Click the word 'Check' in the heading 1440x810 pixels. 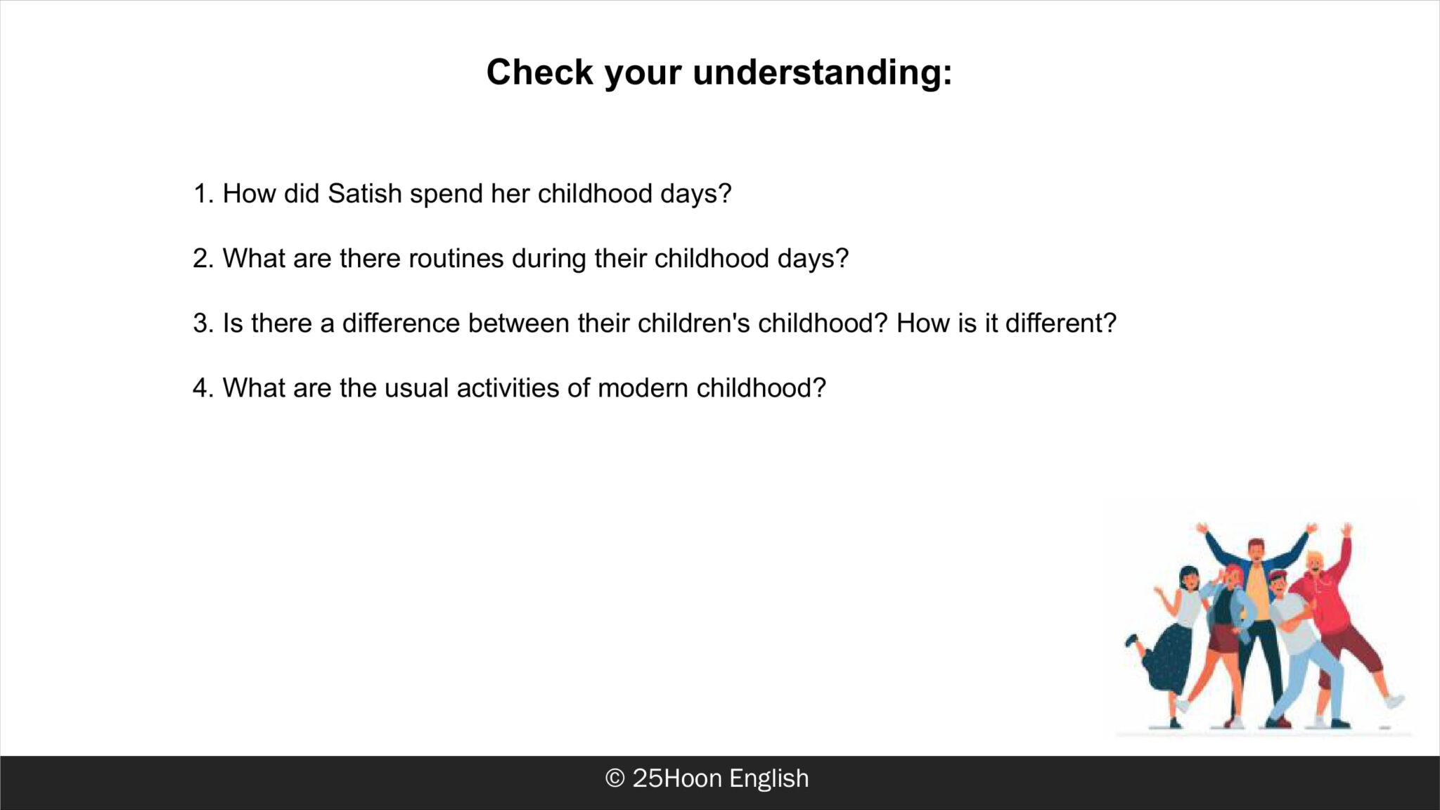[x=539, y=72]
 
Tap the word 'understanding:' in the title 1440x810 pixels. [x=823, y=72]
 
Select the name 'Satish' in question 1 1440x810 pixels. [x=364, y=193]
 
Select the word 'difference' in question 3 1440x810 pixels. [x=401, y=323]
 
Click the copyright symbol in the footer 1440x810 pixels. [x=615, y=778]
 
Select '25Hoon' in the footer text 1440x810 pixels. [x=677, y=778]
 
